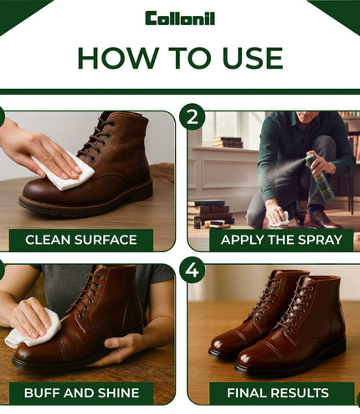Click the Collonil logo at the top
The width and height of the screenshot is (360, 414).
tap(180, 18)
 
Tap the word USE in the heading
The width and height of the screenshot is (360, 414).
tap(253, 58)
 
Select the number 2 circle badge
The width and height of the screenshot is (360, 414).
tap(193, 116)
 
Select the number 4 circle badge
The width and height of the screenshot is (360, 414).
tap(193, 270)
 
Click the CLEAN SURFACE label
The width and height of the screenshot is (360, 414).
tap(81, 240)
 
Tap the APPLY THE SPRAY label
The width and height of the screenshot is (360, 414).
tap(281, 240)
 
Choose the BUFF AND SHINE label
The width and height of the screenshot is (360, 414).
tap(81, 393)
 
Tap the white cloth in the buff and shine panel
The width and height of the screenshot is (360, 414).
tap(33, 331)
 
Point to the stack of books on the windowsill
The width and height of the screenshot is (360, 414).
tap(229, 142)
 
